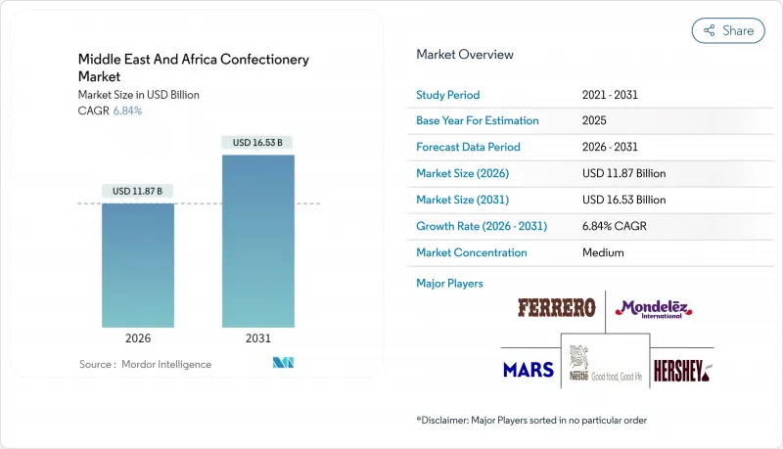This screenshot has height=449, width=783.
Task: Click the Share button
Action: tap(727, 30)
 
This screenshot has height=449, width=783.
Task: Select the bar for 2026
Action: tap(138, 265)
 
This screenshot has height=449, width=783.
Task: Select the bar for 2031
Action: tap(258, 241)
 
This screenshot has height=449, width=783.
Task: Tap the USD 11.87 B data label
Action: tap(138, 190)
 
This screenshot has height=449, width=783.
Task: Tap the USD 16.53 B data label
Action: tap(258, 142)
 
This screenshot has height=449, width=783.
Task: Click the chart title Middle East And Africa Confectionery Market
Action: tap(194, 67)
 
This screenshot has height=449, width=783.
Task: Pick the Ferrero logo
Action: tap(556, 308)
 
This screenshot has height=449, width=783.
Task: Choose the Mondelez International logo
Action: tap(654, 309)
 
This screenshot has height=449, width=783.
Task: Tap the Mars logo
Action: tap(529, 370)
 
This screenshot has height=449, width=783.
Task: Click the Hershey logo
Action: tap(682, 370)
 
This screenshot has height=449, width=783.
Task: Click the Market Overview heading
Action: tap(465, 55)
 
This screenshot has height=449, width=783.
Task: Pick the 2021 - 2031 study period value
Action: tap(611, 94)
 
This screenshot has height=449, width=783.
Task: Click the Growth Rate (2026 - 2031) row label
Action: tap(482, 226)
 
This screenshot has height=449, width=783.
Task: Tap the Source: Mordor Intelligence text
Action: tap(145, 364)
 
